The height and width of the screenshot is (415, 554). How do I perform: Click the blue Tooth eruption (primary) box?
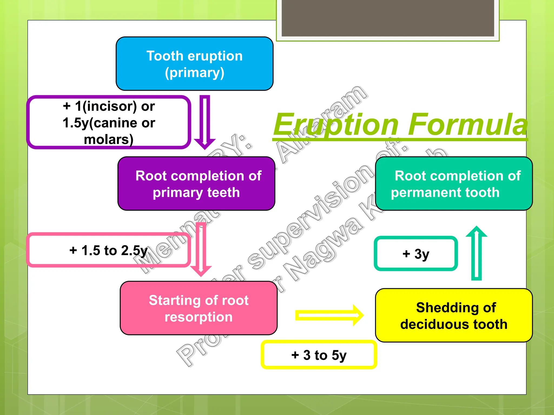pos(194,64)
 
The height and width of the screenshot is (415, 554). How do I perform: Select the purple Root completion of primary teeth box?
pos(196,184)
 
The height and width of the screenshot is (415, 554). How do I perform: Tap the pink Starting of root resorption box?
pos(199,308)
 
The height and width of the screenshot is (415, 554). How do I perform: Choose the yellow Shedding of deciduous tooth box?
pos(454,316)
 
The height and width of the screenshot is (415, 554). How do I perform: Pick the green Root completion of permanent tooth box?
pos(454,184)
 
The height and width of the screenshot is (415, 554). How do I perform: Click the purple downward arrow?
pos(205,122)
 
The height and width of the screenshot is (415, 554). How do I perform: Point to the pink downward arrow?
pos(201,249)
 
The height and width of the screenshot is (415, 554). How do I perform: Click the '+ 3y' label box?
pos(415,254)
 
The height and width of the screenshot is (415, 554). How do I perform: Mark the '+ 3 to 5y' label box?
pos(319,355)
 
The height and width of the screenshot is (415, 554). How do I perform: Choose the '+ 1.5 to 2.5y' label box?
pos(108,250)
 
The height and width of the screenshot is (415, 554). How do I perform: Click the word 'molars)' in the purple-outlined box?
pos(109,140)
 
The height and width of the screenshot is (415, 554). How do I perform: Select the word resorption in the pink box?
pos(199,317)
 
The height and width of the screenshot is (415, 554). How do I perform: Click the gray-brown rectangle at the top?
pos(388,18)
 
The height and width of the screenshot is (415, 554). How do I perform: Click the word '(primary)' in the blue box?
pos(194,73)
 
